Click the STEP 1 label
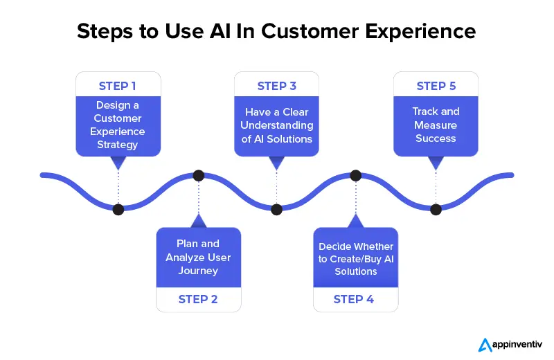pos(117,86)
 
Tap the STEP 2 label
pos(198,299)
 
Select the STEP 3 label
pos(276,86)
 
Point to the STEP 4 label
pos(354,299)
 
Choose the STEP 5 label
pos(436,86)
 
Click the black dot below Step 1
pos(118,210)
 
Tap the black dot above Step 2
pos(199,176)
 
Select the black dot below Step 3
pos(276,210)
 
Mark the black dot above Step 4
pos(356,176)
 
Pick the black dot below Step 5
pos(436,210)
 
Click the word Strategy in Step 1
pos(117,145)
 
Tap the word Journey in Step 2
pos(198,271)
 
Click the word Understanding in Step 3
pos(276,125)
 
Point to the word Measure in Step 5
pos(436,125)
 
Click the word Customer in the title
pos(310,31)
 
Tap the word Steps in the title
pos(105,32)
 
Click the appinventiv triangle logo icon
pos(485,345)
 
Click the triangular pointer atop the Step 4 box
pos(356,221)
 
